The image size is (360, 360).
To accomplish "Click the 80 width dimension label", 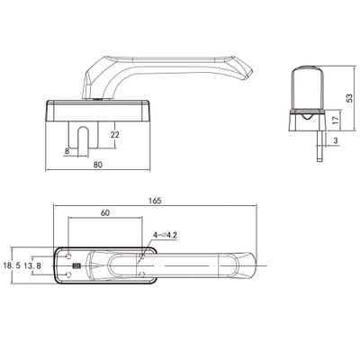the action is tap(97, 165).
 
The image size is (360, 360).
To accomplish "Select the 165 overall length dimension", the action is tap(155, 201).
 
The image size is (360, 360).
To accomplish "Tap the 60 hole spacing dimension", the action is tap(105, 212).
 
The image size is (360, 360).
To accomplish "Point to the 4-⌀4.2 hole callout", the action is tap(166, 235).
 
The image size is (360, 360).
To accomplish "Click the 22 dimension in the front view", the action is tap(114, 135).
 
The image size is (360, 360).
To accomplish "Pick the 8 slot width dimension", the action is tap(67, 151).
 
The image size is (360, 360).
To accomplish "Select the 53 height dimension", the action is tap(349, 98).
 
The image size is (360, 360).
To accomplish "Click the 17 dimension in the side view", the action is tap(336, 120).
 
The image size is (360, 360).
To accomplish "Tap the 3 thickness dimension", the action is tap(336, 140).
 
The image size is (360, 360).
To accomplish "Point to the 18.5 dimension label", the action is tap(12, 265).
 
